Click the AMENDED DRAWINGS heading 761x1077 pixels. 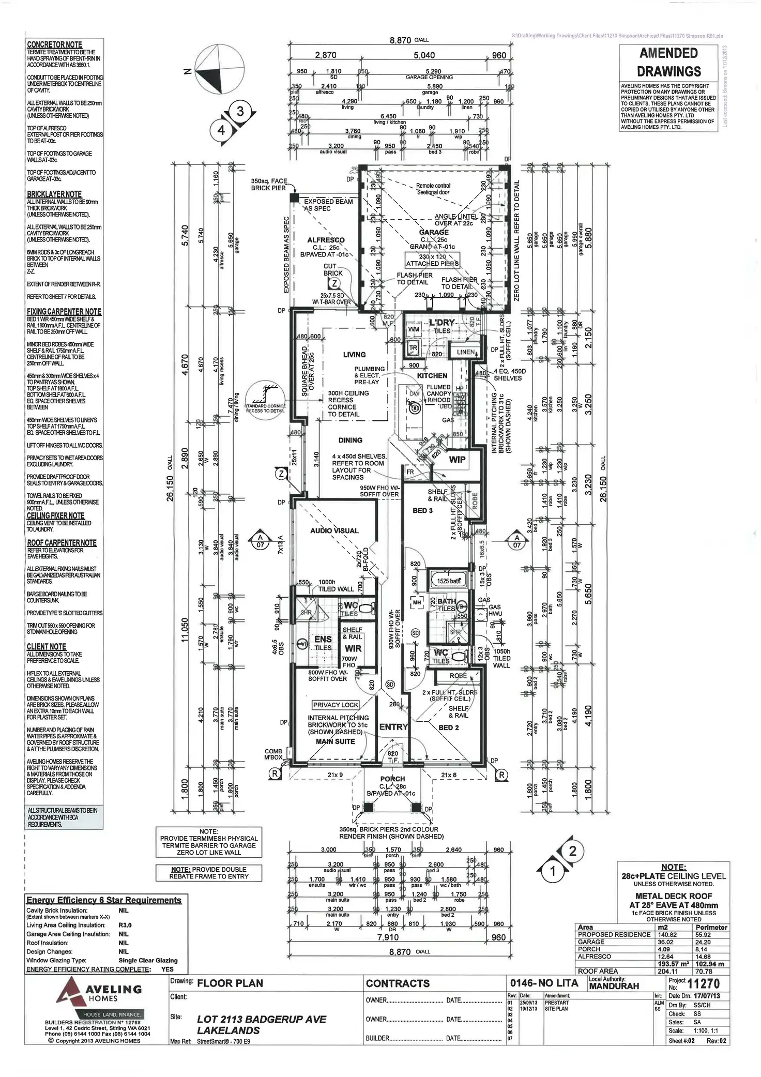click(668, 62)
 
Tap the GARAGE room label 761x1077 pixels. click(434, 232)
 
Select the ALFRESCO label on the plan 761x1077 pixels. click(326, 240)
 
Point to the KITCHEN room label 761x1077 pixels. click(432, 376)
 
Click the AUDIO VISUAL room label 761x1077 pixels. click(334, 530)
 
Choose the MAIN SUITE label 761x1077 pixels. click(335, 741)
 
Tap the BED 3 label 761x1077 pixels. click(422, 510)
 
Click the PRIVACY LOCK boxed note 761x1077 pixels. click(336, 705)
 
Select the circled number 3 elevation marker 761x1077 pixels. click(240, 111)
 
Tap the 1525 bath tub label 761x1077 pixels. click(449, 581)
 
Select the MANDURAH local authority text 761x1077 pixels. click(614, 986)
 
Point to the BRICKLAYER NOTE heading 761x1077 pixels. click(54, 194)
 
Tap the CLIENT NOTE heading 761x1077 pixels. click(47, 646)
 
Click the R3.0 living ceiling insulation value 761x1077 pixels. click(125, 925)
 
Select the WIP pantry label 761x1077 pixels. click(457, 459)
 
